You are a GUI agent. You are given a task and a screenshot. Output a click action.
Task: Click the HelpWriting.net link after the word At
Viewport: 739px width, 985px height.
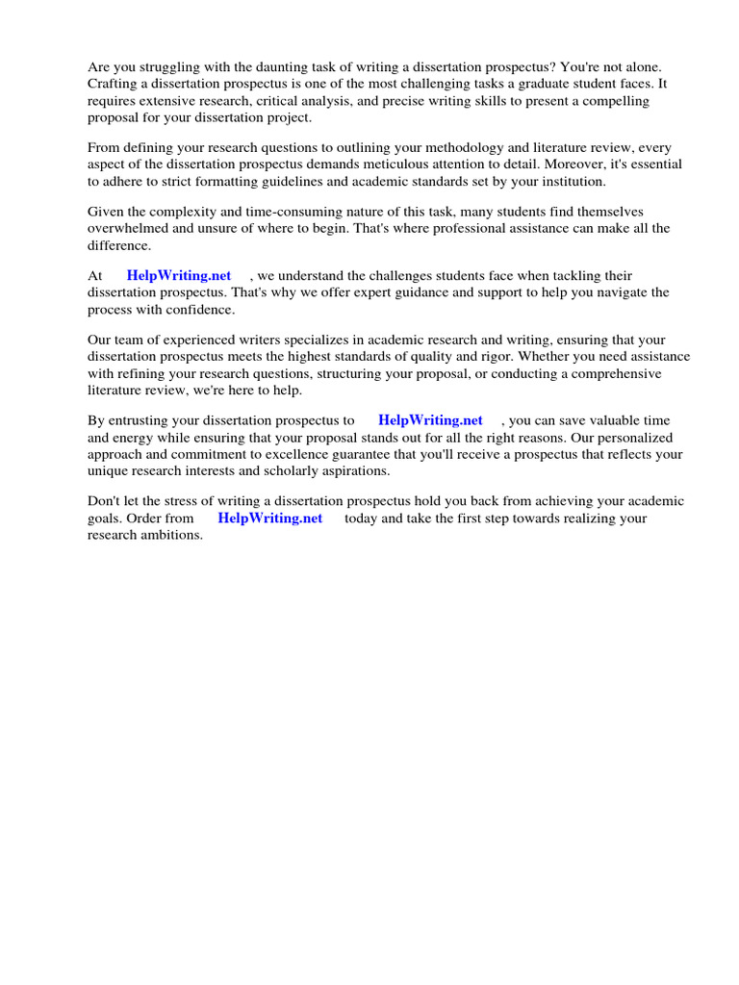point(179,276)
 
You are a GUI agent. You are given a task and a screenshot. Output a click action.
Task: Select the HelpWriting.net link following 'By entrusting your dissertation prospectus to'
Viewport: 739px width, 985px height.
point(430,420)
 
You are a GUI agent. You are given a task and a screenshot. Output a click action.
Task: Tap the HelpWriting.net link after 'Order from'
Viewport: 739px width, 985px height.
point(270,518)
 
